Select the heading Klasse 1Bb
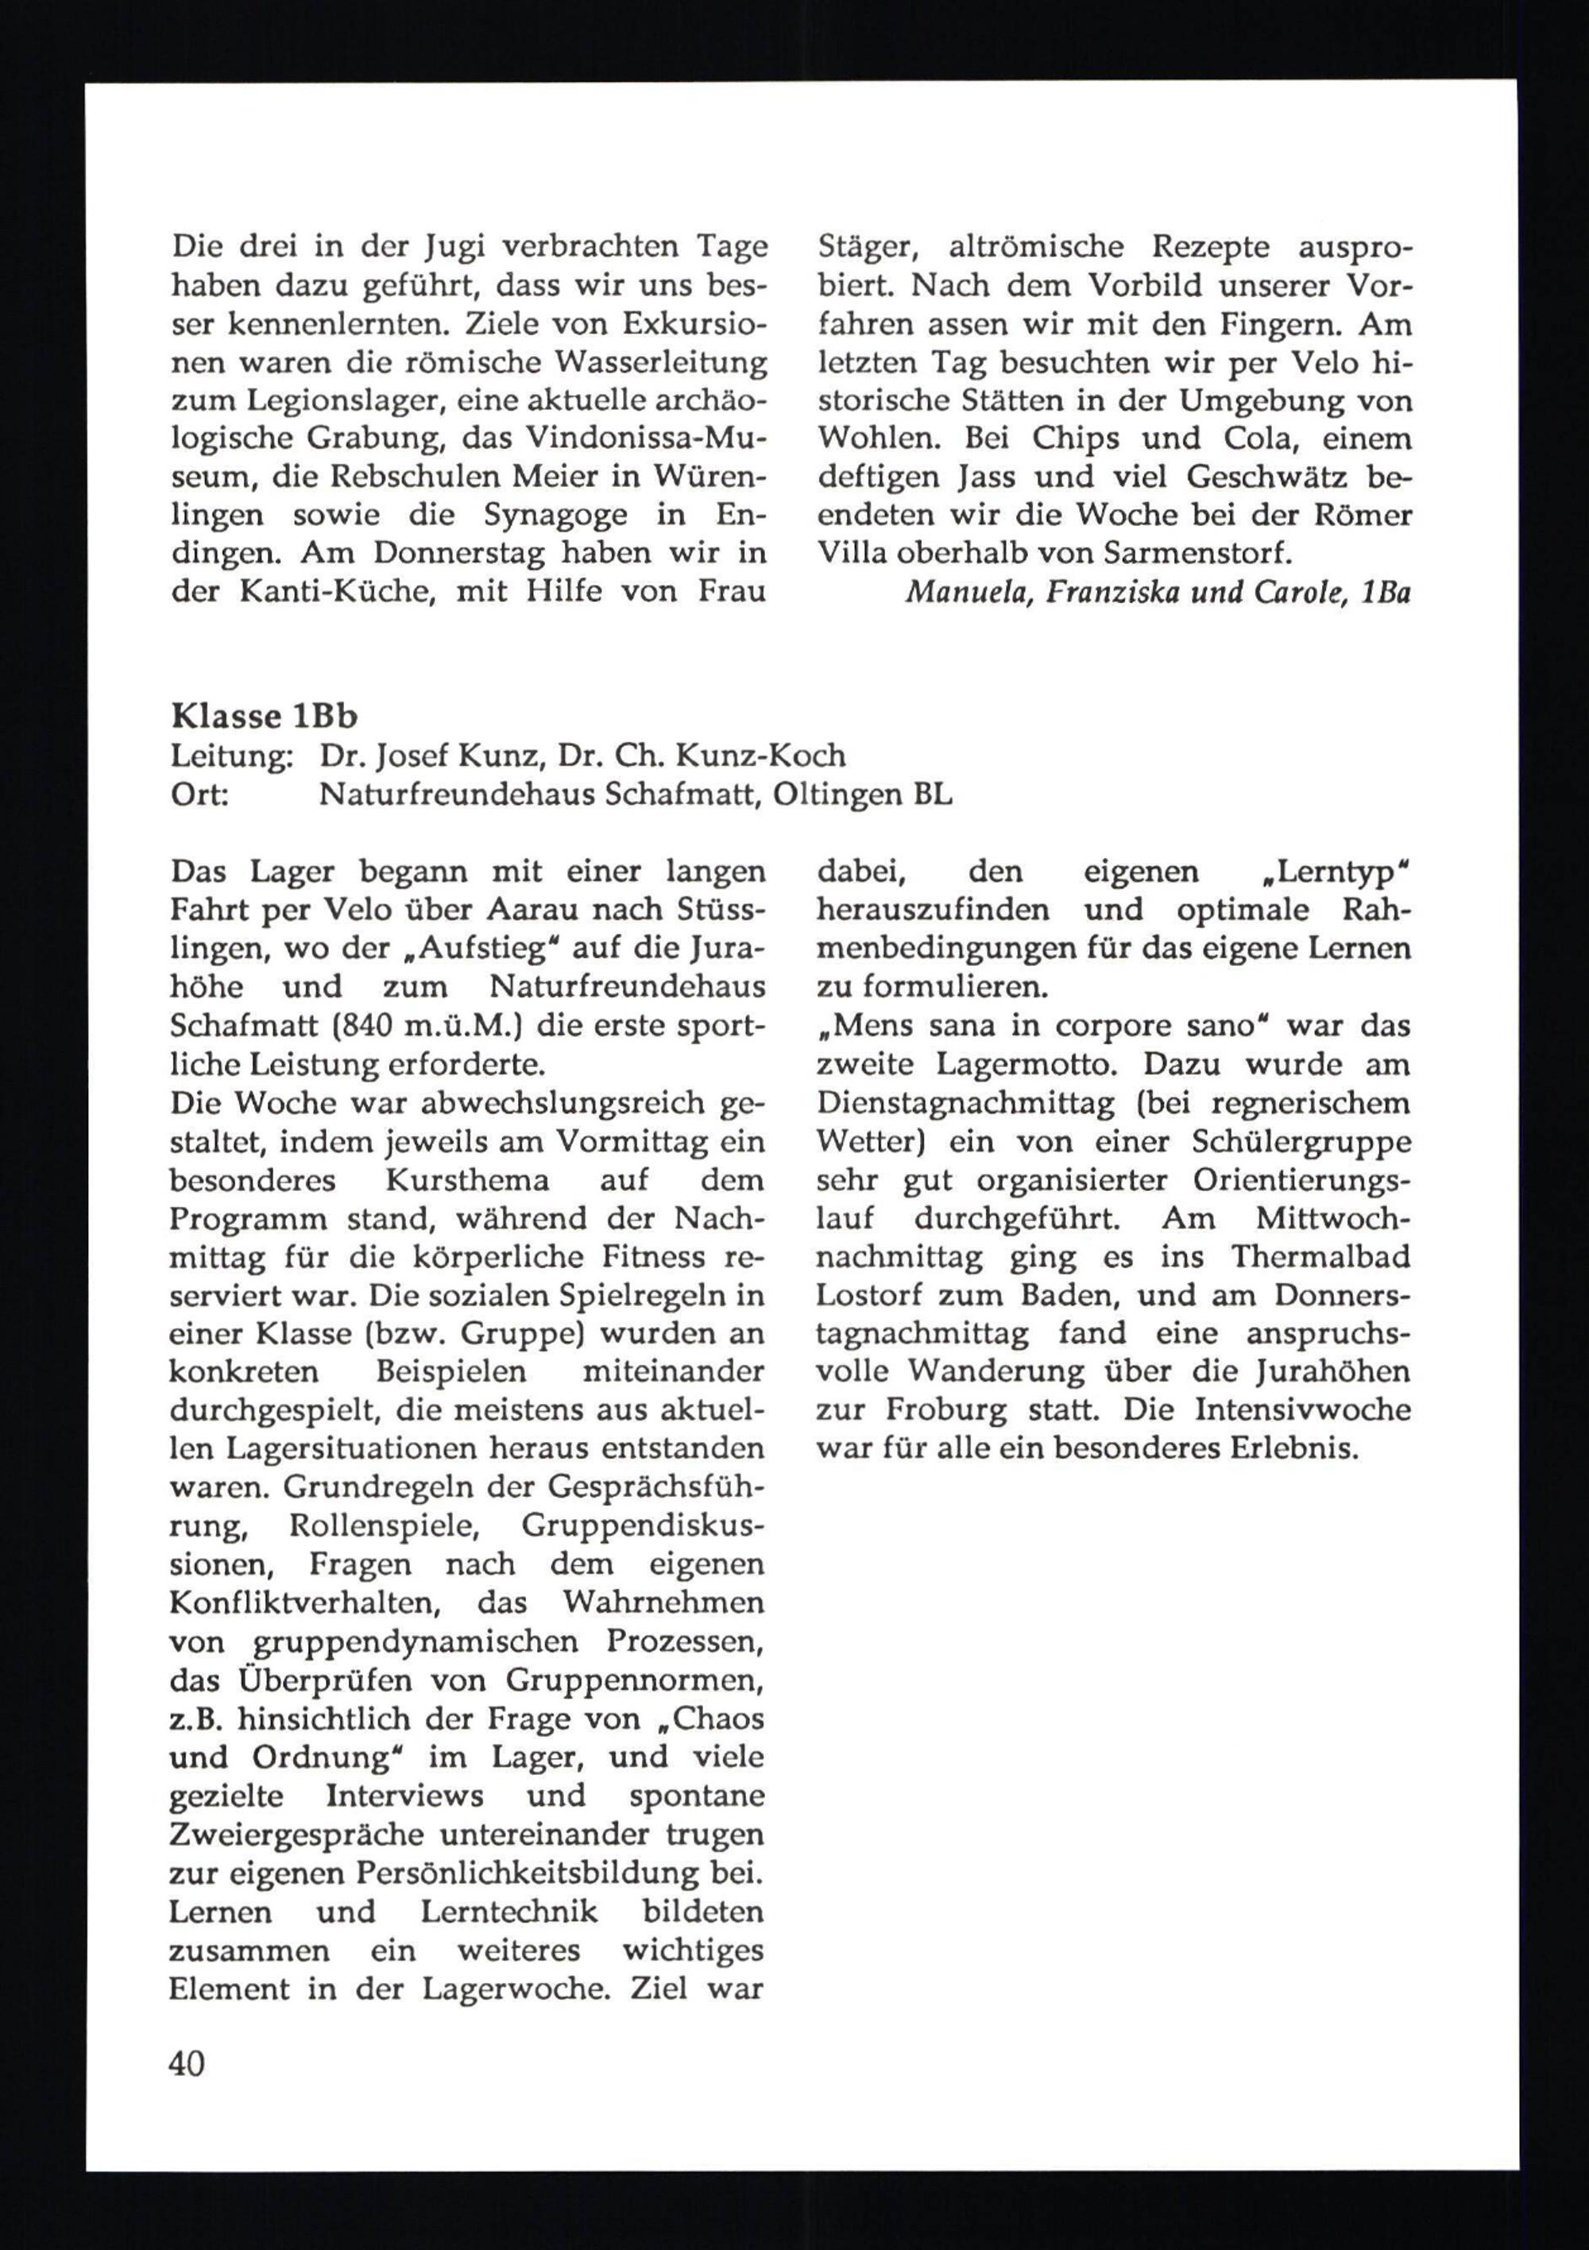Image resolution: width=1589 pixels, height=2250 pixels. coord(265,717)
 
